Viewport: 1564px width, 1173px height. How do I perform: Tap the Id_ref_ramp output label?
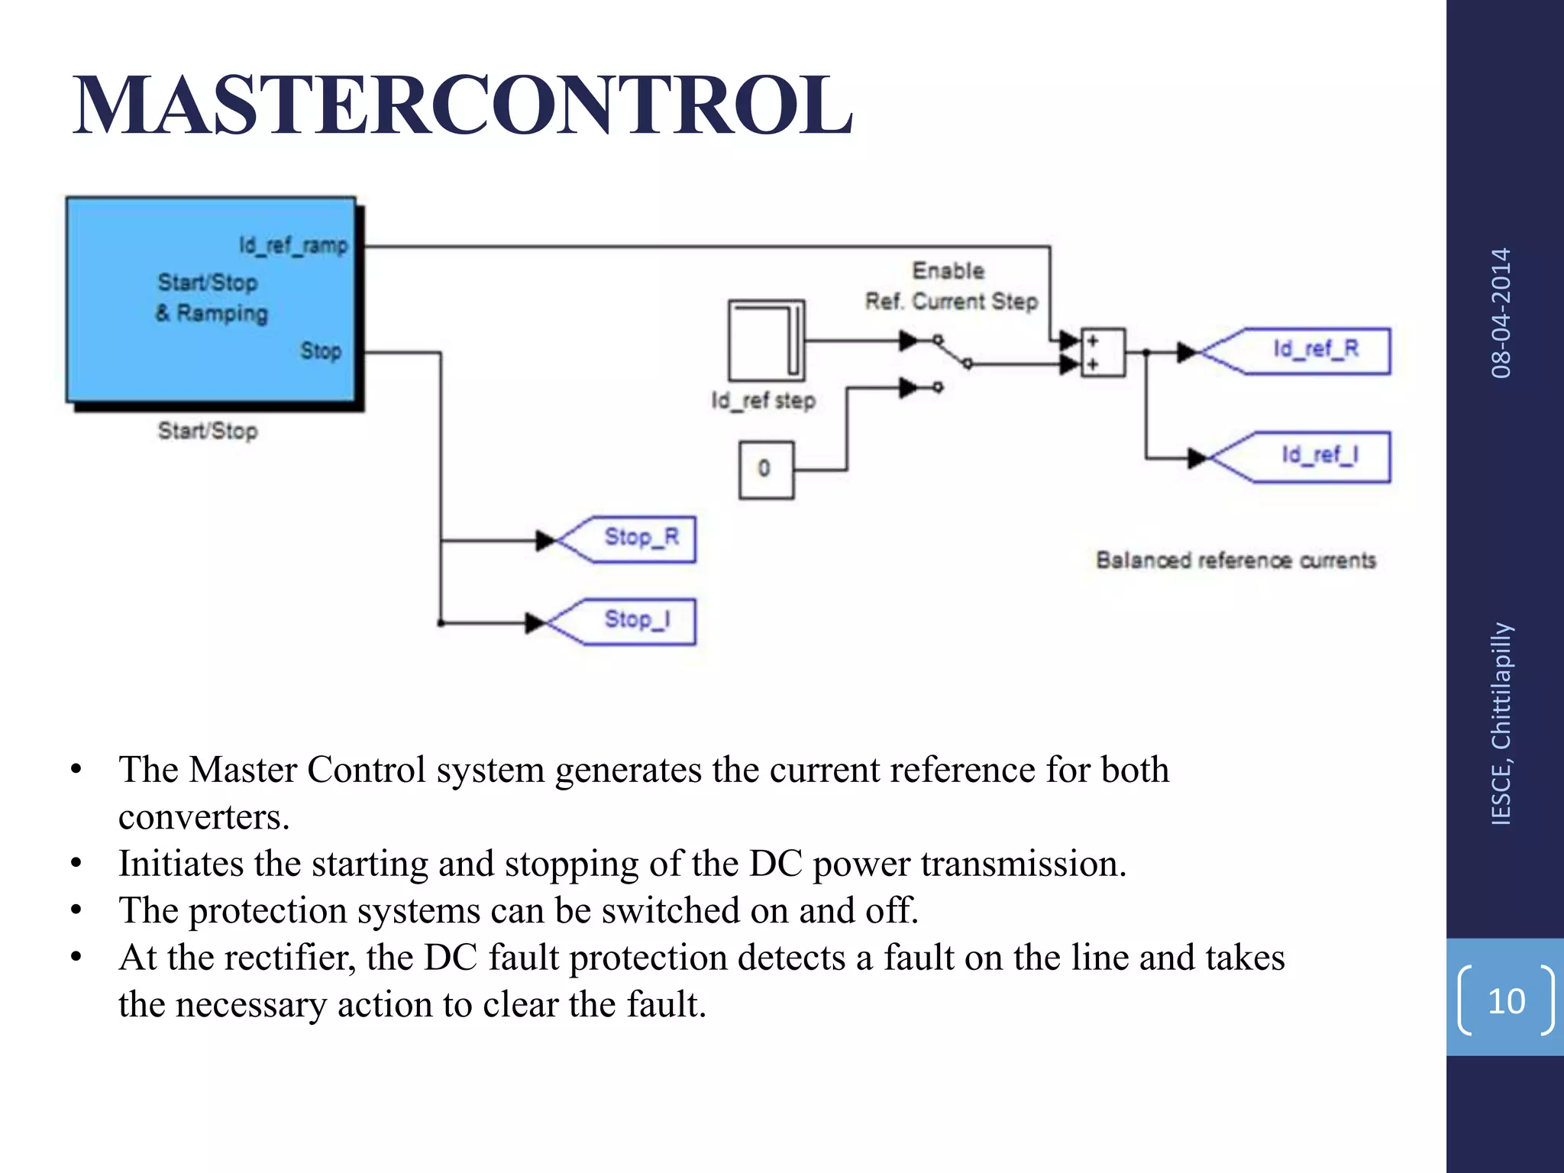(293, 246)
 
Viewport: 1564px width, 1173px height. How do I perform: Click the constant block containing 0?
(765, 469)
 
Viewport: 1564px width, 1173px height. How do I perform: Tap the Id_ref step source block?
(766, 340)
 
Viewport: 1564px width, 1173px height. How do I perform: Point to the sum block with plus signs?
(1103, 352)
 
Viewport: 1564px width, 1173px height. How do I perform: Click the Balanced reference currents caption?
(1236, 561)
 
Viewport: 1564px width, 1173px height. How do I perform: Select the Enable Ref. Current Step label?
(951, 286)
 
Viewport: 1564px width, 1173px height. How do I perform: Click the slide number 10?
(1506, 1000)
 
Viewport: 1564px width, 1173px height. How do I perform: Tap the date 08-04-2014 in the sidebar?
(1501, 313)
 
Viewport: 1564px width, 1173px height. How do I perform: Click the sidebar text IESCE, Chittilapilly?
(1501, 722)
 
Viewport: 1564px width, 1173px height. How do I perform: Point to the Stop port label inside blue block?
(320, 351)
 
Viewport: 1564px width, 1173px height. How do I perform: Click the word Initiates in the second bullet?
(181, 864)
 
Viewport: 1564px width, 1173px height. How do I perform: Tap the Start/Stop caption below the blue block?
(208, 431)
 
